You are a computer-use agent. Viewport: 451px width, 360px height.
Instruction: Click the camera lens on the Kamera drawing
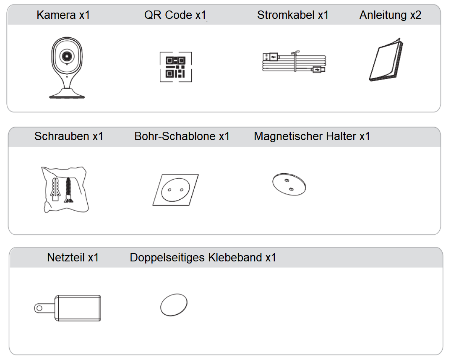pyautogui.click(x=67, y=56)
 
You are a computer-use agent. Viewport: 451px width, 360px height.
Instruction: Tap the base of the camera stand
pyautogui.click(x=67, y=94)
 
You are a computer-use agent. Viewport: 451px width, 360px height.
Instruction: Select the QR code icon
pyautogui.click(x=176, y=67)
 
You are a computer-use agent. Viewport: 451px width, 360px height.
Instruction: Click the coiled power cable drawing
pyautogui.click(x=294, y=62)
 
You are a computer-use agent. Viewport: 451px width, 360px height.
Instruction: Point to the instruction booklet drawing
pyautogui.click(x=386, y=60)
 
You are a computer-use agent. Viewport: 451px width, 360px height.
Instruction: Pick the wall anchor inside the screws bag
pyautogui.click(x=55, y=189)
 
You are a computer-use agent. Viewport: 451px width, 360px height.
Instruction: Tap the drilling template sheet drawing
pyautogui.click(x=175, y=190)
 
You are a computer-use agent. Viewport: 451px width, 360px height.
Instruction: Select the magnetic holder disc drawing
pyautogui.click(x=289, y=185)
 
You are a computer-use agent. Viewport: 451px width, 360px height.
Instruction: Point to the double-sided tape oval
pyautogui.click(x=174, y=305)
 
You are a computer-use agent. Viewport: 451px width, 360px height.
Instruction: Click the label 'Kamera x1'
pyautogui.click(x=63, y=15)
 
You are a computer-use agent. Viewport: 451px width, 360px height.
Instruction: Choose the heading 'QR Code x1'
pyautogui.click(x=175, y=15)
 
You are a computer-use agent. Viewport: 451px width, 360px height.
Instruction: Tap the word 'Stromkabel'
pyautogui.click(x=286, y=15)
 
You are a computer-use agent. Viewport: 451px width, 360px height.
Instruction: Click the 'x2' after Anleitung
pyautogui.click(x=415, y=15)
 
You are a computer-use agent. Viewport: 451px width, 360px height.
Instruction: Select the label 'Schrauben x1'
pyautogui.click(x=69, y=136)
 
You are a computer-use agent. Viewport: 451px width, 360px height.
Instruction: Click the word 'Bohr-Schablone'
pyautogui.click(x=175, y=136)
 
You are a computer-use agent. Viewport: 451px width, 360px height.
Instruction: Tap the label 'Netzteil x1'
pyautogui.click(x=73, y=257)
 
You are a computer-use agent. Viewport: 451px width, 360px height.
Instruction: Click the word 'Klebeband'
pyautogui.click(x=235, y=257)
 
